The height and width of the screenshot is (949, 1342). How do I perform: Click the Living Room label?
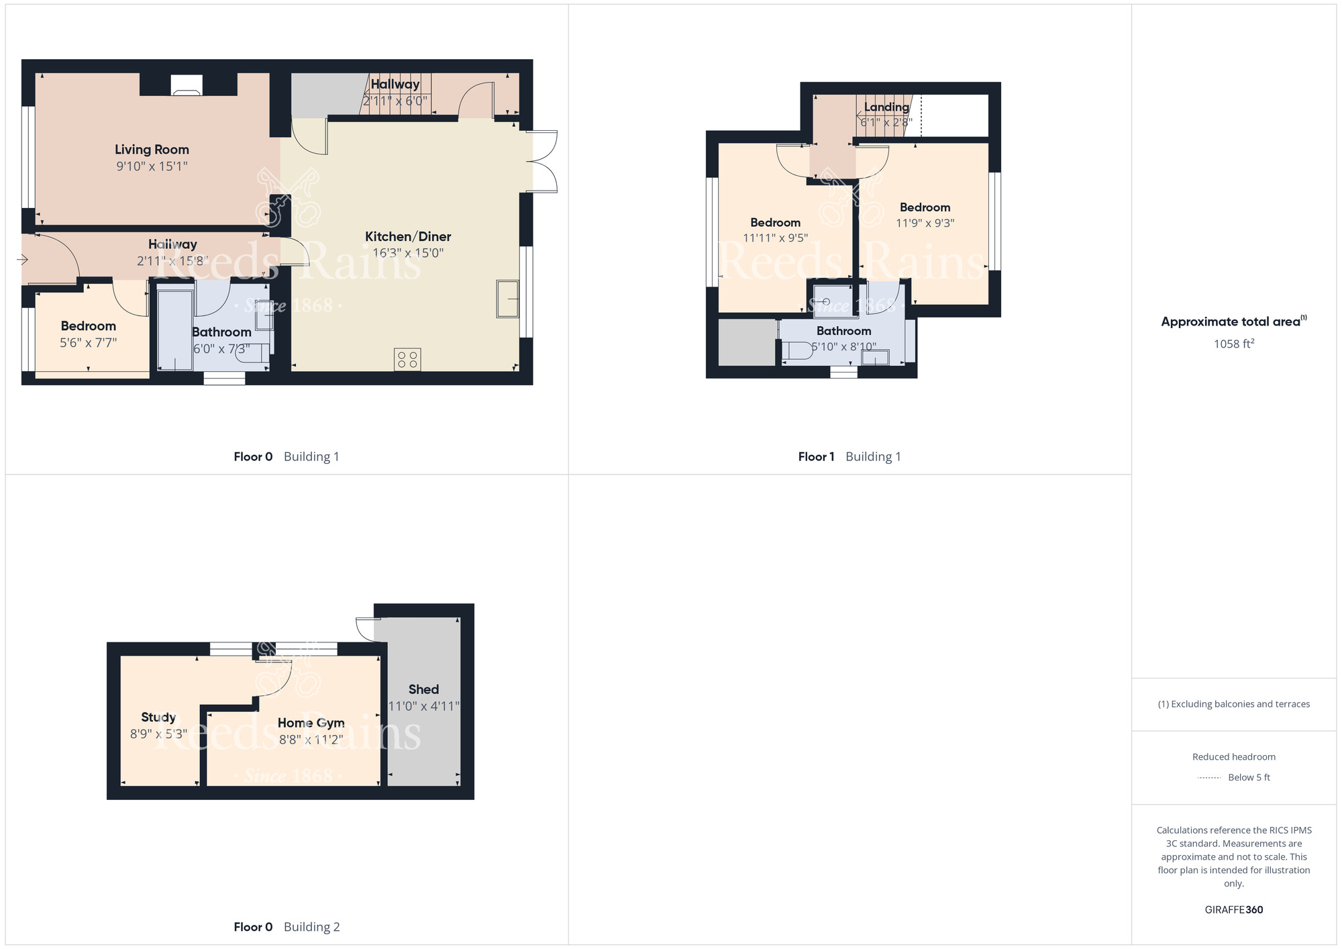[152, 150]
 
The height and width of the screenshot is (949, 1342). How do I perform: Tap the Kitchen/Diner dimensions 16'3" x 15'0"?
[408, 253]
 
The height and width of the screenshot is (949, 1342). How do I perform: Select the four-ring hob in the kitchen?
[407, 359]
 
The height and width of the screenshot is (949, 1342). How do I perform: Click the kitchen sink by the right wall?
[508, 298]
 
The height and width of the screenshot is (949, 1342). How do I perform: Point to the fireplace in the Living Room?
[187, 85]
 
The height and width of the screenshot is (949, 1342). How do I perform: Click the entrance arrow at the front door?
[22, 260]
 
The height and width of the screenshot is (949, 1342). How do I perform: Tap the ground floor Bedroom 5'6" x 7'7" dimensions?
[89, 343]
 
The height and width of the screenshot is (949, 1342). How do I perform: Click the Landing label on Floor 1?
[886, 107]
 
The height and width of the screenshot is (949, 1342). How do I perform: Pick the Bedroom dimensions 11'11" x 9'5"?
[775, 238]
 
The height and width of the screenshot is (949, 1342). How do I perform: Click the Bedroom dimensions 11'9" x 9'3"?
[925, 223]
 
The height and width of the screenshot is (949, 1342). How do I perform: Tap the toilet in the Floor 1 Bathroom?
[796, 350]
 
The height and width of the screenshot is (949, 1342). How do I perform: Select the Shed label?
[423, 689]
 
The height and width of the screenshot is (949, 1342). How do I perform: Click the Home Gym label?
[311, 723]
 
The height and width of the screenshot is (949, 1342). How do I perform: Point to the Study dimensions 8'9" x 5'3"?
[158, 734]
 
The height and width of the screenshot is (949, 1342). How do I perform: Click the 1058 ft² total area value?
[1234, 344]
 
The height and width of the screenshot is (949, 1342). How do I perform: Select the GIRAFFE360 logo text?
[1234, 910]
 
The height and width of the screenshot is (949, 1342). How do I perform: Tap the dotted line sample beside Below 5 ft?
[1209, 778]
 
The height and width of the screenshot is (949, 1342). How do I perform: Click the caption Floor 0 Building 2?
[287, 927]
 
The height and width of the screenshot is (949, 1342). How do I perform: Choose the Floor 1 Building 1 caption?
[849, 456]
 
